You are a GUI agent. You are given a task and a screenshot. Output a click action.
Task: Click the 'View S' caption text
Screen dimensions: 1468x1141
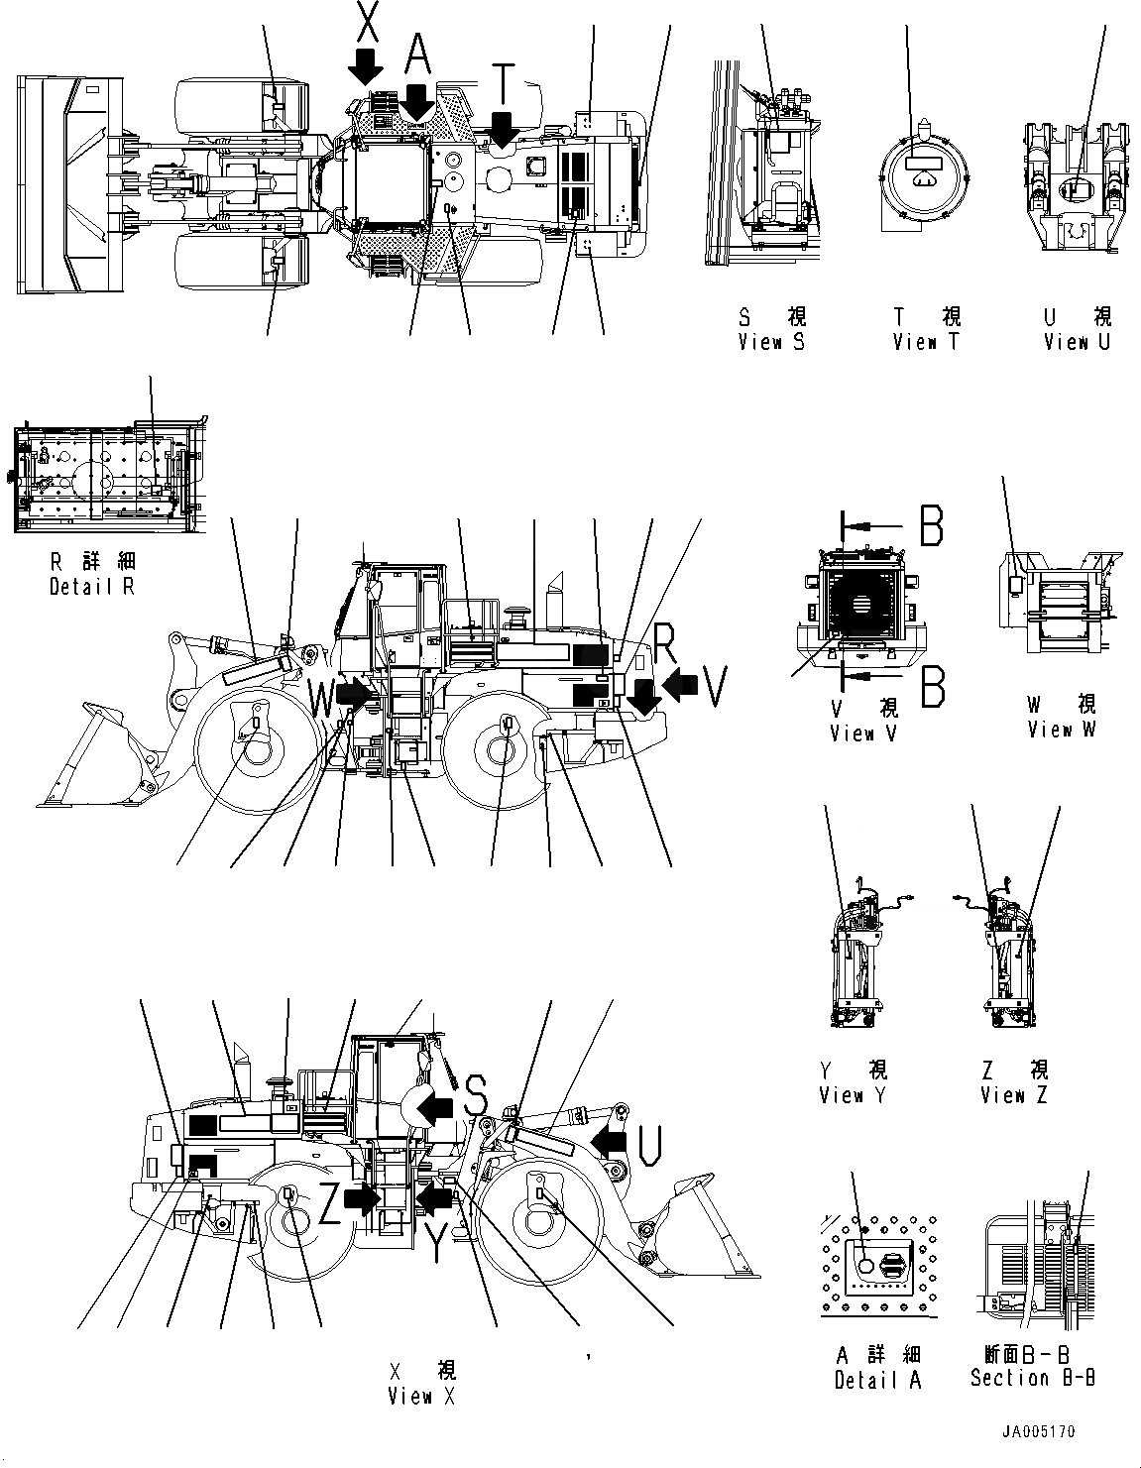[x=771, y=342]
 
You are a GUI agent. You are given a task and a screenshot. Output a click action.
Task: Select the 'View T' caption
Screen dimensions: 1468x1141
[x=926, y=342]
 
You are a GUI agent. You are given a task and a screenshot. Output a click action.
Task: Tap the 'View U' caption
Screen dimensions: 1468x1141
[x=1077, y=342]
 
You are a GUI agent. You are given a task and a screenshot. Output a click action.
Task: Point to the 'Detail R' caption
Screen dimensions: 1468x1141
[x=91, y=586]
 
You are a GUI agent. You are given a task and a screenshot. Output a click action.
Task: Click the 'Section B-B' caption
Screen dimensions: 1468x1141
[x=1032, y=1377]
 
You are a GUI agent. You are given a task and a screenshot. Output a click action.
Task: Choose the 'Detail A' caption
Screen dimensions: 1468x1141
[x=877, y=1380]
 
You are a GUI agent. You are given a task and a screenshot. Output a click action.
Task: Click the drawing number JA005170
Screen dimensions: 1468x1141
[x=1036, y=1432]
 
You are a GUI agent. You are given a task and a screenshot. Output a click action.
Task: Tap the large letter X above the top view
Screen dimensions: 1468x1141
[x=367, y=22]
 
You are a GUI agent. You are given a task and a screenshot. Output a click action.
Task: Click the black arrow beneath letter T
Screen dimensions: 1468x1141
[x=503, y=130]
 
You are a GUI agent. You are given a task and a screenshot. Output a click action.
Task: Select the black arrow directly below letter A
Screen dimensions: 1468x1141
[x=417, y=100]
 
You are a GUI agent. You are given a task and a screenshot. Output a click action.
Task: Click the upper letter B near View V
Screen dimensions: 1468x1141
[x=931, y=526]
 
